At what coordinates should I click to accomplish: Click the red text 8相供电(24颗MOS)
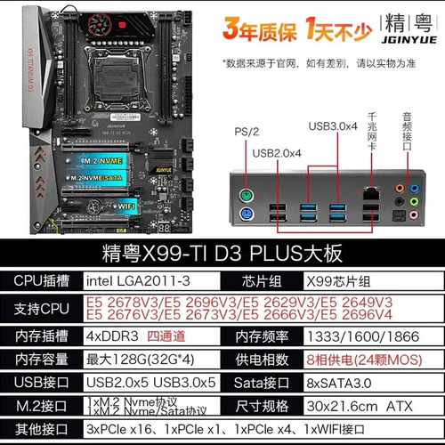click(367, 360)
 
